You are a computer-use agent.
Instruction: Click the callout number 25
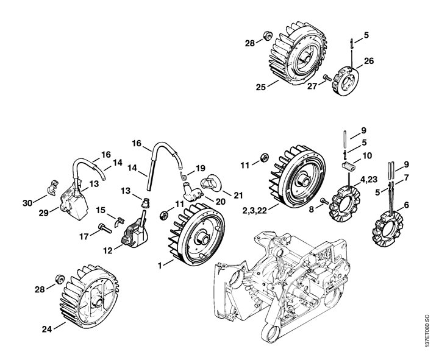(x=261, y=87)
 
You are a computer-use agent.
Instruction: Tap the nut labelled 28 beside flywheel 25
(x=268, y=36)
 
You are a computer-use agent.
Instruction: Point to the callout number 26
(x=369, y=60)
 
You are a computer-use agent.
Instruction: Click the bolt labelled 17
(x=105, y=228)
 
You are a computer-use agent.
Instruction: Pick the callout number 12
(x=108, y=250)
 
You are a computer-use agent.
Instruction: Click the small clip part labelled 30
(x=53, y=186)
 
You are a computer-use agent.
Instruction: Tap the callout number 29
(x=44, y=213)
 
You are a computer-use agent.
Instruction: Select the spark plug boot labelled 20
(x=192, y=192)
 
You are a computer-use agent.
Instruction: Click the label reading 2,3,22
(x=254, y=210)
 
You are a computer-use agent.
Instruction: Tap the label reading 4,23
(x=369, y=178)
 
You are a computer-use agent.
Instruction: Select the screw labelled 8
(x=325, y=200)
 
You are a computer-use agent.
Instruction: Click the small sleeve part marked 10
(x=349, y=165)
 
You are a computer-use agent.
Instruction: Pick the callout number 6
(x=406, y=205)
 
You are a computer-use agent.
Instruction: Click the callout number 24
(x=47, y=329)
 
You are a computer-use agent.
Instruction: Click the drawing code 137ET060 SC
(x=427, y=331)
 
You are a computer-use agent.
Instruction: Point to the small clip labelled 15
(x=120, y=222)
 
